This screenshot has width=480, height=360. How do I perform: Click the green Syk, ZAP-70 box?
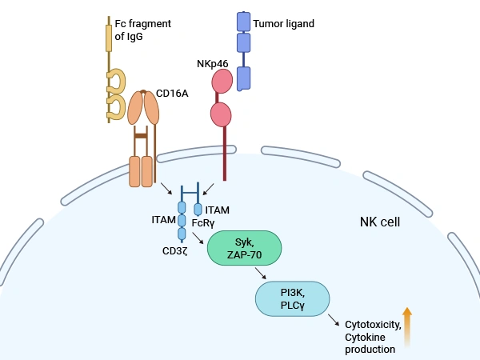point(244,248)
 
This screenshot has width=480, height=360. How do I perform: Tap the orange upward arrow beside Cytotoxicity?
point(406,326)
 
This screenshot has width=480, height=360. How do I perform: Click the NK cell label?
point(380,222)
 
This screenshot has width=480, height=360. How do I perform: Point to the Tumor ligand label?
point(283,24)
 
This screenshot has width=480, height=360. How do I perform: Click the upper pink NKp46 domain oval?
point(222,81)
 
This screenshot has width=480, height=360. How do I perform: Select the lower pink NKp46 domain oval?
point(221,114)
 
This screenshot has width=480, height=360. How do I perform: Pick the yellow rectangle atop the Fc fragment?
point(109,38)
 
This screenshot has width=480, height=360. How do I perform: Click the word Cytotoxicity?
point(370,326)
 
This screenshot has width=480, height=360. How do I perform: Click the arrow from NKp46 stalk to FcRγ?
point(206,188)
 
